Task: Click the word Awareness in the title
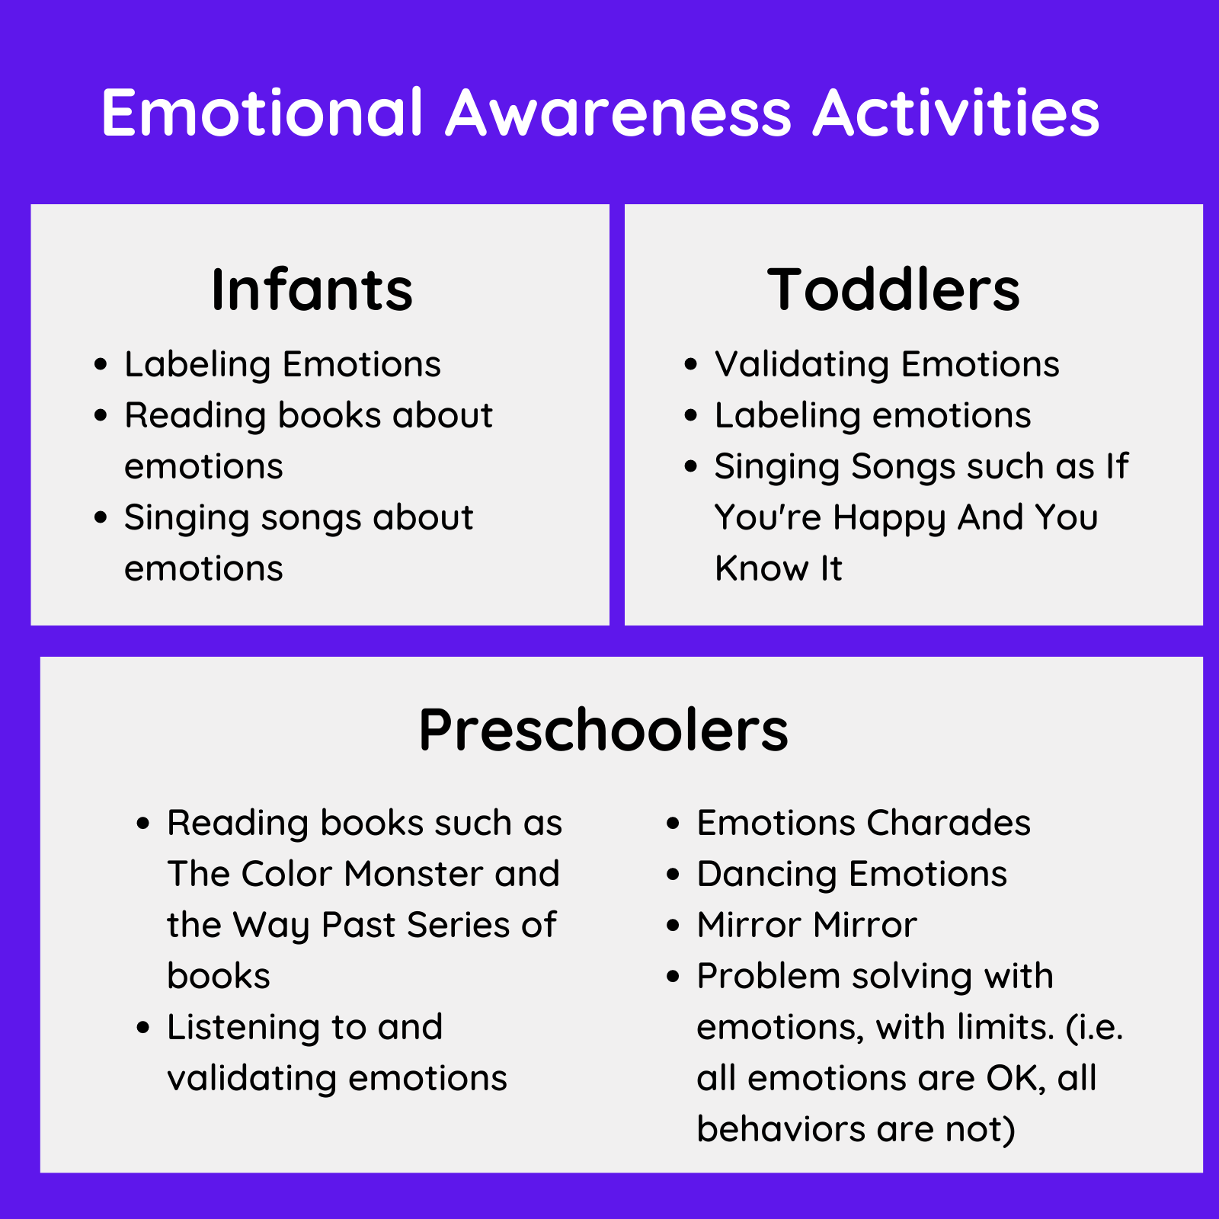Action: [x=619, y=113]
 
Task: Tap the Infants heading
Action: [x=312, y=290]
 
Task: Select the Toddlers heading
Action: [x=893, y=290]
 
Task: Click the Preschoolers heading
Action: [x=603, y=730]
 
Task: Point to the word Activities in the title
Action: [x=956, y=113]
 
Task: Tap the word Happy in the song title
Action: [x=888, y=518]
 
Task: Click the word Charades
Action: [x=948, y=823]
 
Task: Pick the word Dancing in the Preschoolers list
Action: [x=766, y=875]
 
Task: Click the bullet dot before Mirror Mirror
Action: [x=673, y=925]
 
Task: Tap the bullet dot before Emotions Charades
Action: [x=673, y=823]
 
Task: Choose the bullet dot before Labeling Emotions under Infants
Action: [x=101, y=364]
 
